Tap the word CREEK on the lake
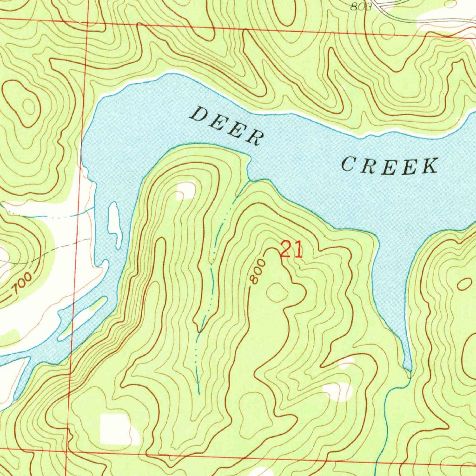click(x=390, y=166)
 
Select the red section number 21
click(x=291, y=251)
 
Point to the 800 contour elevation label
click(x=257, y=272)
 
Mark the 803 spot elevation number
click(x=361, y=6)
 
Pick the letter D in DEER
click(x=200, y=114)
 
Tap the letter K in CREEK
click(x=430, y=165)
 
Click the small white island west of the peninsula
click(x=114, y=223)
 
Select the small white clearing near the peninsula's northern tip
click(x=186, y=190)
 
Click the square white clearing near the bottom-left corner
click(x=115, y=428)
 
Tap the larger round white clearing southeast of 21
click(x=339, y=391)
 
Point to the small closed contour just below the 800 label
click(x=277, y=292)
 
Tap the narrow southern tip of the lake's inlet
click(x=408, y=367)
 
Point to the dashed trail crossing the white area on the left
click(x=51, y=250)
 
